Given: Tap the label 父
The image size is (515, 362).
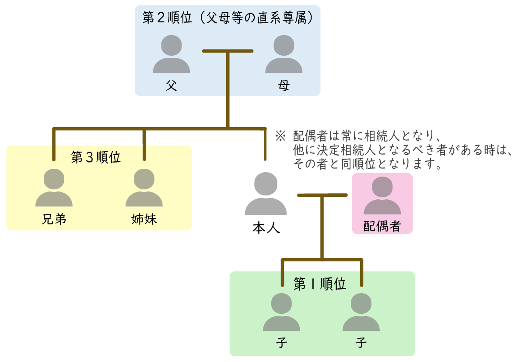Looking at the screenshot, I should tap(172, 85).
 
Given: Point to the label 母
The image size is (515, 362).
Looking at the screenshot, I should tap(284, 85).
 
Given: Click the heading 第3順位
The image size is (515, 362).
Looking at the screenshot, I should tap(96, 158).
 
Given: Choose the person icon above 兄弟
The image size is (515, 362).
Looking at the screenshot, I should tap(54, 188).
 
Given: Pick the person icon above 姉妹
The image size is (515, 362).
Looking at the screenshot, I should tap(144, 188).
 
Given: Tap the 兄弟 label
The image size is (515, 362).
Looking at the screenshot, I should tap(54, 219).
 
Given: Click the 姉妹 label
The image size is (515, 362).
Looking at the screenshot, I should tap(144, 219).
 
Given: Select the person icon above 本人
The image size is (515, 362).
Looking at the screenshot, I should tap(266, 193).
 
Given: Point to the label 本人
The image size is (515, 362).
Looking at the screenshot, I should tap(266, 227).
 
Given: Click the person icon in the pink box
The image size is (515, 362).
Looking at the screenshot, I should tap(382, 195).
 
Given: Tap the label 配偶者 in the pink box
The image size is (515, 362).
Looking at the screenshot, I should tap(382, 226).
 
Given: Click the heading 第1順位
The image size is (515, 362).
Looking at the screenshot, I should tap(320, 284).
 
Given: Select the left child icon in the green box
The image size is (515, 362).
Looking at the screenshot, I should tap(281, 312).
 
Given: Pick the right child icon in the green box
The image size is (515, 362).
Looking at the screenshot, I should tap(361, 312).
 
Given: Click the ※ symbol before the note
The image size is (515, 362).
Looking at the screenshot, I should tap(280, 135).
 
